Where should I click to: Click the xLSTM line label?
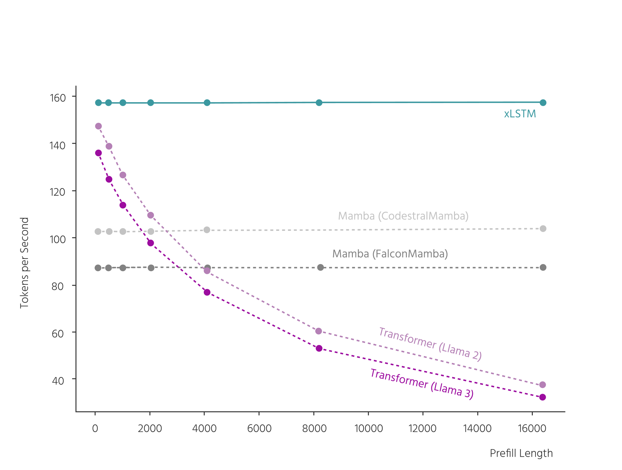[x=520, y=114]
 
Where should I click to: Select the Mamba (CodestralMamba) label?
[x=403, y=216]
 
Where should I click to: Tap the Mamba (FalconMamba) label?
[x=390, y=254]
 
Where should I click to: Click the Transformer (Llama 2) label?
[x=430, y=343]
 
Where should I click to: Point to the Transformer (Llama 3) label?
[x=422, y=384]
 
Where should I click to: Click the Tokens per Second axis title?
[x=24, y=263]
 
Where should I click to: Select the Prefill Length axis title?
[x=521, y=453]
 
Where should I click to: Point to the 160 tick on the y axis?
[x=58, y=98]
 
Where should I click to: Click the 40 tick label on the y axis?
[x=58, y=381]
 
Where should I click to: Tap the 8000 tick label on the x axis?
[x=314, y=428]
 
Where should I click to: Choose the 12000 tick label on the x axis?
[x=422, y=428]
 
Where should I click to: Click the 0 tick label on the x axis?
[x=95, y=428]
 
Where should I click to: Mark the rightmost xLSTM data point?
[x=543, y=102]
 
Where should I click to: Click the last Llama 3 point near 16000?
[x=543, y=397]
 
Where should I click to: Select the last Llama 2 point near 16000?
[x=543, y=385]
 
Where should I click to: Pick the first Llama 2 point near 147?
[x=98, y=126]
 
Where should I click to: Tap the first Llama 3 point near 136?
[x=98, y=153]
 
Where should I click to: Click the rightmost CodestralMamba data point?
[x=543, y=229]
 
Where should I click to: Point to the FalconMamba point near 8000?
[x=321, y=267]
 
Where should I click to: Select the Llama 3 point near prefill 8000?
[x=319, y=348]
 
